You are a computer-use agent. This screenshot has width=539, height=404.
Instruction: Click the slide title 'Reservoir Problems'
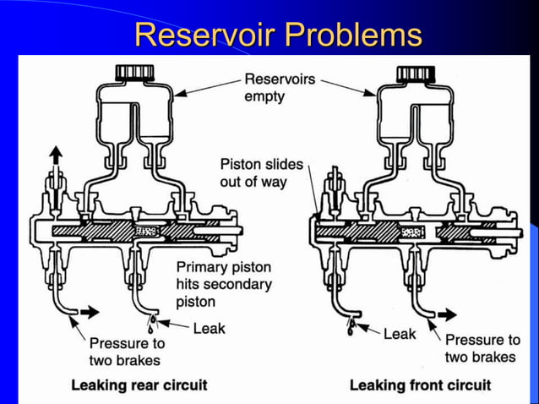point(278,35)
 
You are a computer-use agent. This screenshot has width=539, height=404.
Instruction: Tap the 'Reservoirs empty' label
point(279,87)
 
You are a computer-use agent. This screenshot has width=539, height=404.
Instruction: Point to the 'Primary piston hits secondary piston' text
point(223,284)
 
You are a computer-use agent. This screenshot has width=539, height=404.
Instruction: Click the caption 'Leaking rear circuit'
point(139,385)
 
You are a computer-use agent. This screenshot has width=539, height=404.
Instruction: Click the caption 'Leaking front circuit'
point(420,385)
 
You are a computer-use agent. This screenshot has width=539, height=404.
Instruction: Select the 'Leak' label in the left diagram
point(209,328)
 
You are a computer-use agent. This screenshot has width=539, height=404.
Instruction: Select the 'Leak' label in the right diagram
point(400,334)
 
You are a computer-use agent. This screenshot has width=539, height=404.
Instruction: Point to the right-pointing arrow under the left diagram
point(86,311)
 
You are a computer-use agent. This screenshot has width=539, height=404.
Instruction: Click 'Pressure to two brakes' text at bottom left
point(127,352)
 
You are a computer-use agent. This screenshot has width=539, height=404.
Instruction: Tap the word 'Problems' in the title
point(352,35)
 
